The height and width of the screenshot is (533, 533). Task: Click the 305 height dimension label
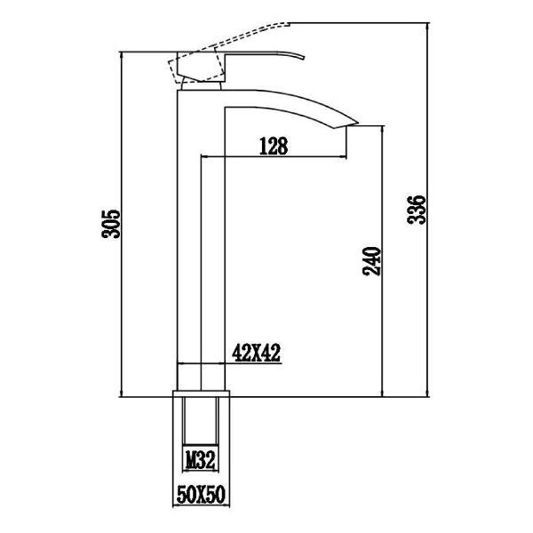point(110,225)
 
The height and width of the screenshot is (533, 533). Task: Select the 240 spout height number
point(374,259)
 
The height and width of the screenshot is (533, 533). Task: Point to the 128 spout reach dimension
point(274,147)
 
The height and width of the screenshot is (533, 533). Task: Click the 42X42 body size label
point(256,353)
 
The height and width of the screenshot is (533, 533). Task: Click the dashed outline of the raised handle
point(240,36)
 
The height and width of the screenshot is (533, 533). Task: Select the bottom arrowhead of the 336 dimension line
point(427,394)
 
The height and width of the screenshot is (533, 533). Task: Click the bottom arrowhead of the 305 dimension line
point(121,394)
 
